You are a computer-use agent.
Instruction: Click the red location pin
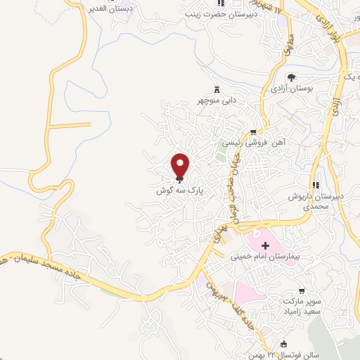(x=181, y=165)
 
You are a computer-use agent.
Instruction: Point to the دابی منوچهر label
(x=217, y=101)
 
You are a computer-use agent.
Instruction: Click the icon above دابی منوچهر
(x=217, y=89)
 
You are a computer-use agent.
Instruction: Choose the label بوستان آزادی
(x=291, y=89)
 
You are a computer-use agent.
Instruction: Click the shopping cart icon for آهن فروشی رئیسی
(x=252, y=131)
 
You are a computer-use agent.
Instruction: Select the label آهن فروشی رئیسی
(x=247, y=143)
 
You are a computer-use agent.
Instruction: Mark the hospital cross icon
(x=265, y=245)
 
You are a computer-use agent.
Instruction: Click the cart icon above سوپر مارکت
(x=302, y=290)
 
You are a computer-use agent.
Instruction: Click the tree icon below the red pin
(x=181, y=181)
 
